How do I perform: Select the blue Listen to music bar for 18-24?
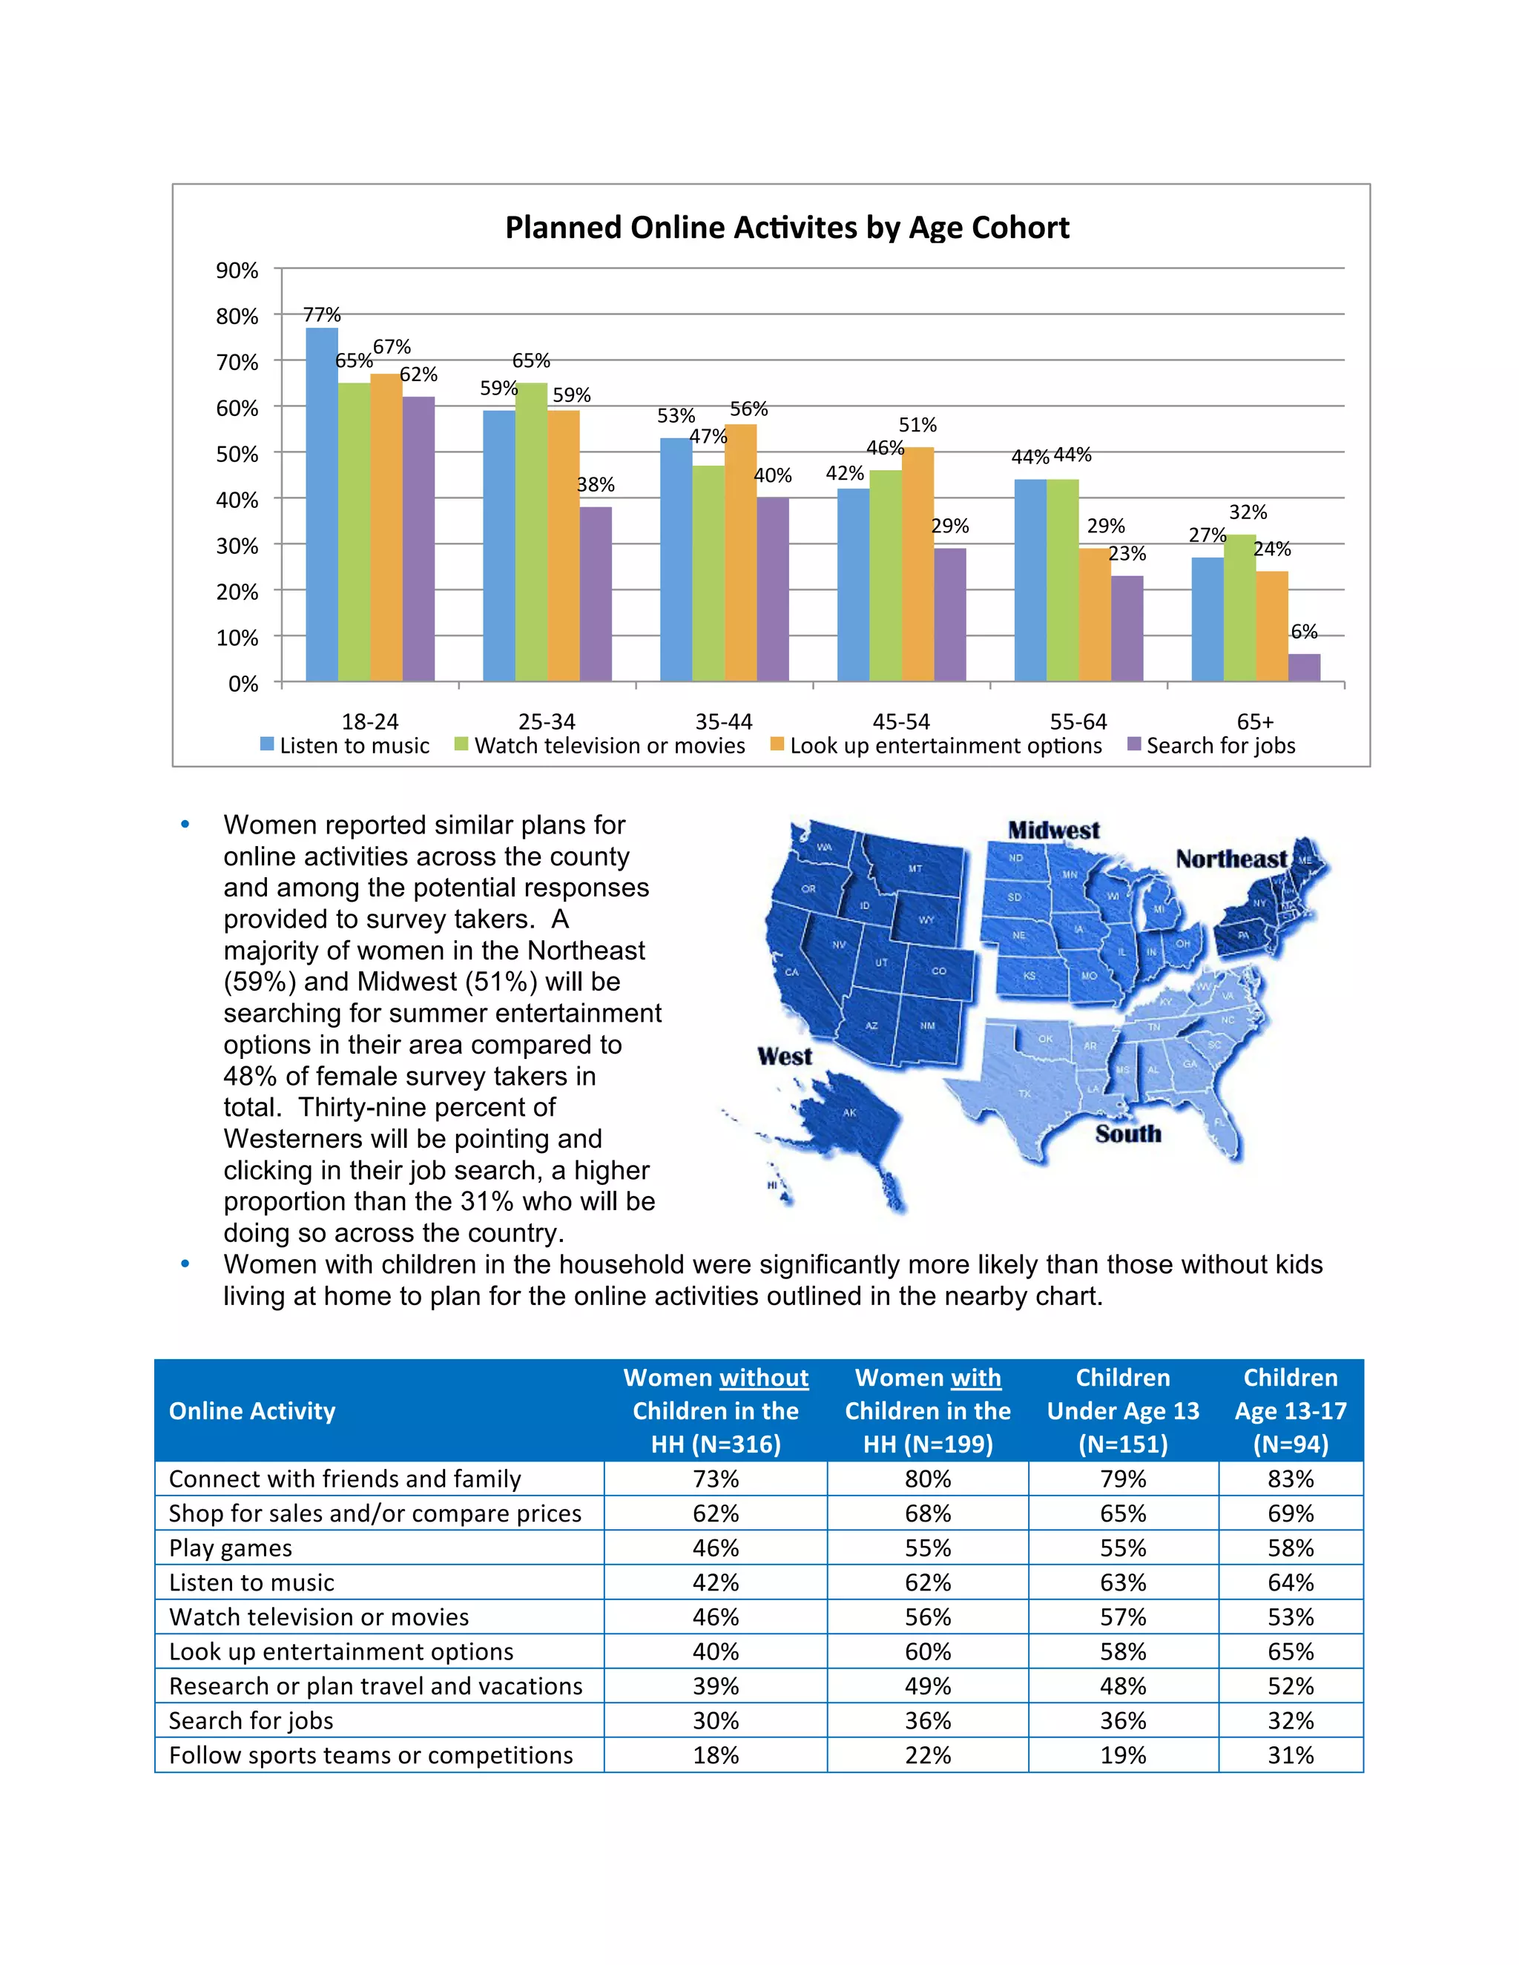pos(321,503)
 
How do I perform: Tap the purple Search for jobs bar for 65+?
pos(1304,667)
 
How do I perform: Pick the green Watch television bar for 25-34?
pos(531,531)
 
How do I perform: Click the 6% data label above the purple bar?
pos(1304,632)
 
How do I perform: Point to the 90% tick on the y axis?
pos(237,270)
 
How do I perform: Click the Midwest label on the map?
pos(1053,830)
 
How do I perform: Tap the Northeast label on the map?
pos(1230,859)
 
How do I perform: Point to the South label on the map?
pos(1127,1134)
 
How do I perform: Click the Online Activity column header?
pos(252,1411)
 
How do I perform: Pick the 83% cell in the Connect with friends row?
pos(1290,1479)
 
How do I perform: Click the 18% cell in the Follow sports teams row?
pos(716,1755)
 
